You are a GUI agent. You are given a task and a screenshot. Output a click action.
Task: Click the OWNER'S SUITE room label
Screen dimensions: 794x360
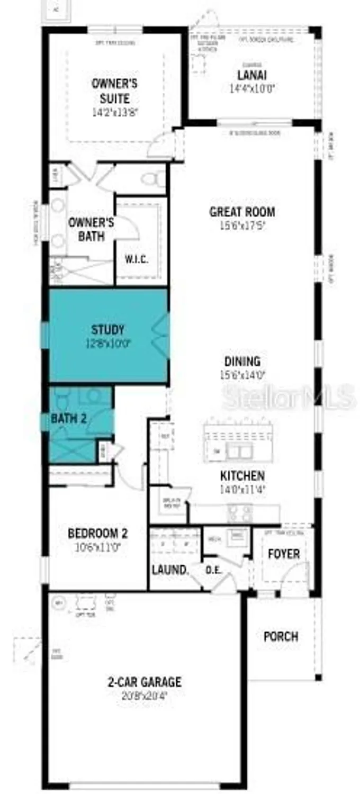pos(114,91)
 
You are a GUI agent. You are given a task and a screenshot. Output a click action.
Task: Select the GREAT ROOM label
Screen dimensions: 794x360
pos(242,212)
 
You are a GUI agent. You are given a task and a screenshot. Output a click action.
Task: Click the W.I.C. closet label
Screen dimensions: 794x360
pos(136,259)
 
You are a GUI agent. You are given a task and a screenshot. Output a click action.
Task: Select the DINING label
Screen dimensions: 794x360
pos(242,362)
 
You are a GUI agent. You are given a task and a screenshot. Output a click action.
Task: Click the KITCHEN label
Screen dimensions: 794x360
pos(242,475)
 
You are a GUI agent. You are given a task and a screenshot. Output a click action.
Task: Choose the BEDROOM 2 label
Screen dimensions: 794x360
pos(97,533)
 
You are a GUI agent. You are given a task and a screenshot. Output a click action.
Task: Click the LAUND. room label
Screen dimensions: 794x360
pos(170,570)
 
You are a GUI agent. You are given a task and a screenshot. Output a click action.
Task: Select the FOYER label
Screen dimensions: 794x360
pos(284,554)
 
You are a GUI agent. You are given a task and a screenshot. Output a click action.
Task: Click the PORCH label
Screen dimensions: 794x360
pos(281,636)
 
